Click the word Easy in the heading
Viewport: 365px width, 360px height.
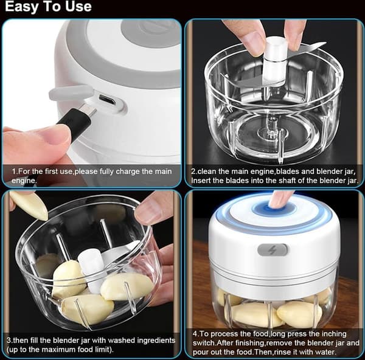(20, 7)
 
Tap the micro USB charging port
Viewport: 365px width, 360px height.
(107, 99)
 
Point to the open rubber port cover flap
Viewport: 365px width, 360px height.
(71, 92)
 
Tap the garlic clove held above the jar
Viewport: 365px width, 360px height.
(29, 204)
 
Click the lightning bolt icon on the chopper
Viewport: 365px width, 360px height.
(272, 250)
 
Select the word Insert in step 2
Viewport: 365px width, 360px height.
(201, 181)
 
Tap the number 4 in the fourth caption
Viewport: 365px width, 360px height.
(195, 334)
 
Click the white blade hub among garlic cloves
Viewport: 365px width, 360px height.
(91, 270)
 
